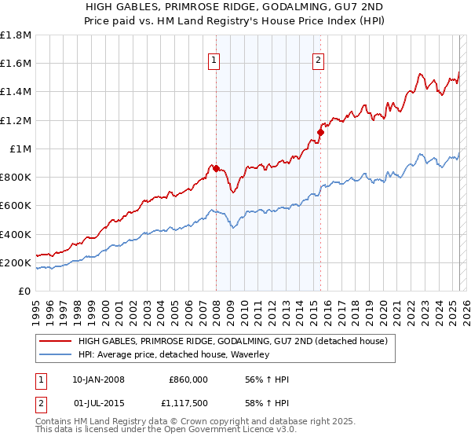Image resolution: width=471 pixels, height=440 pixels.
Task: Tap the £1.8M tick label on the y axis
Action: pos(16,35)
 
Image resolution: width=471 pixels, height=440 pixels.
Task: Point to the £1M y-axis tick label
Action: pos(20,148)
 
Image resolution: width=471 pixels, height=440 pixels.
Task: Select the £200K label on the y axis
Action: pos(16,262)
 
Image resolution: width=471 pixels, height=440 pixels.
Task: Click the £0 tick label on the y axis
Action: pos(25,291)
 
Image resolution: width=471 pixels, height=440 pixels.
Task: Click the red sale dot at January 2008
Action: pos(216,168)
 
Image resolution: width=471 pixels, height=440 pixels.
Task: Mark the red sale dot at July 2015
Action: pos(320,132)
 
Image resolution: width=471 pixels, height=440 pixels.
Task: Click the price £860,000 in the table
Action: pos(188,379)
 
